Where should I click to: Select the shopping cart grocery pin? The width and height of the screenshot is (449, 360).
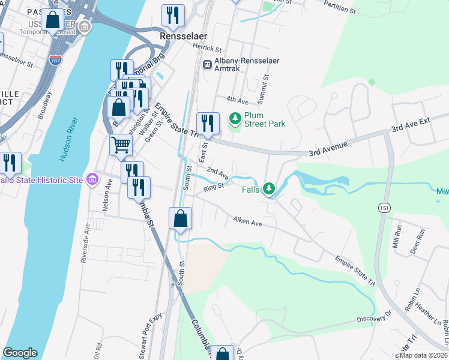tap(121, 145)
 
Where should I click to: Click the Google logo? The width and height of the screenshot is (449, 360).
tap(20, 353)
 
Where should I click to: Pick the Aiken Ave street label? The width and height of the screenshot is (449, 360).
tap(248, 223)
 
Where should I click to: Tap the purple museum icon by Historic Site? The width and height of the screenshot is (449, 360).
tap(92, 179)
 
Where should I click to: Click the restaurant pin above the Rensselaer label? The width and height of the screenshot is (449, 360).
tap(173, 16)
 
